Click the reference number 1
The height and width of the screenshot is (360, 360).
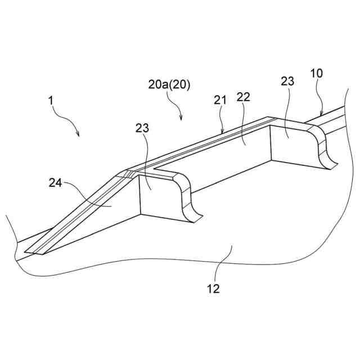pyautogui.click(x=51, y=101)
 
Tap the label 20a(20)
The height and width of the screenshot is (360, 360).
pyautogui.click(x=169, y=85)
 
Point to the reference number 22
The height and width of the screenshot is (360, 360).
pyautogui.click(x=243, y=97)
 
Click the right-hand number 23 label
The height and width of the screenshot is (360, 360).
pyautogui.click(x=287, y=81)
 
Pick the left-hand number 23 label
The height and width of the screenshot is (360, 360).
pyautogui.click(x=143, y=128)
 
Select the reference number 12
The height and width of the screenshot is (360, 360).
pyautogui.click(x=213, y=289)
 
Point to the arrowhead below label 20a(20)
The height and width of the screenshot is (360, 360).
pyautogui.click(x=181, y=119)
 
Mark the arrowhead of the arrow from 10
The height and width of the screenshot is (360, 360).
pyautogui.click(x=320, y=115)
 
